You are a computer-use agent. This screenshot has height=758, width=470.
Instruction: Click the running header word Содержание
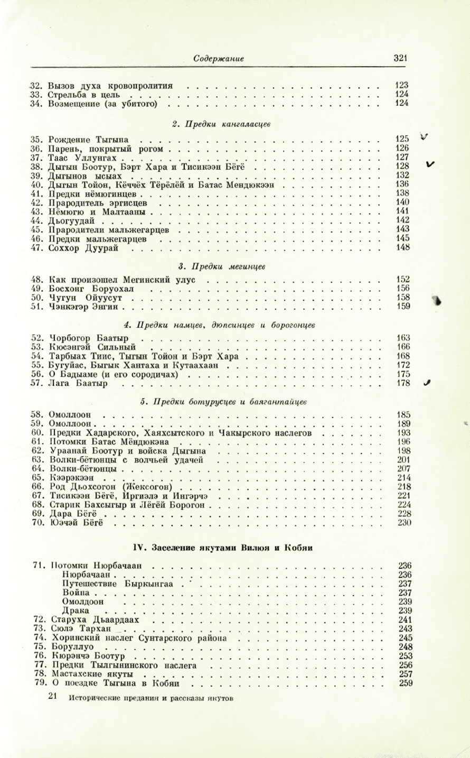[218, 59]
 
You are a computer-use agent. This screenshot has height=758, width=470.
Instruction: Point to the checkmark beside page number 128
[430, 164]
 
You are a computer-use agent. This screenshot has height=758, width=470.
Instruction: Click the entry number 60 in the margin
[36, 433]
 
